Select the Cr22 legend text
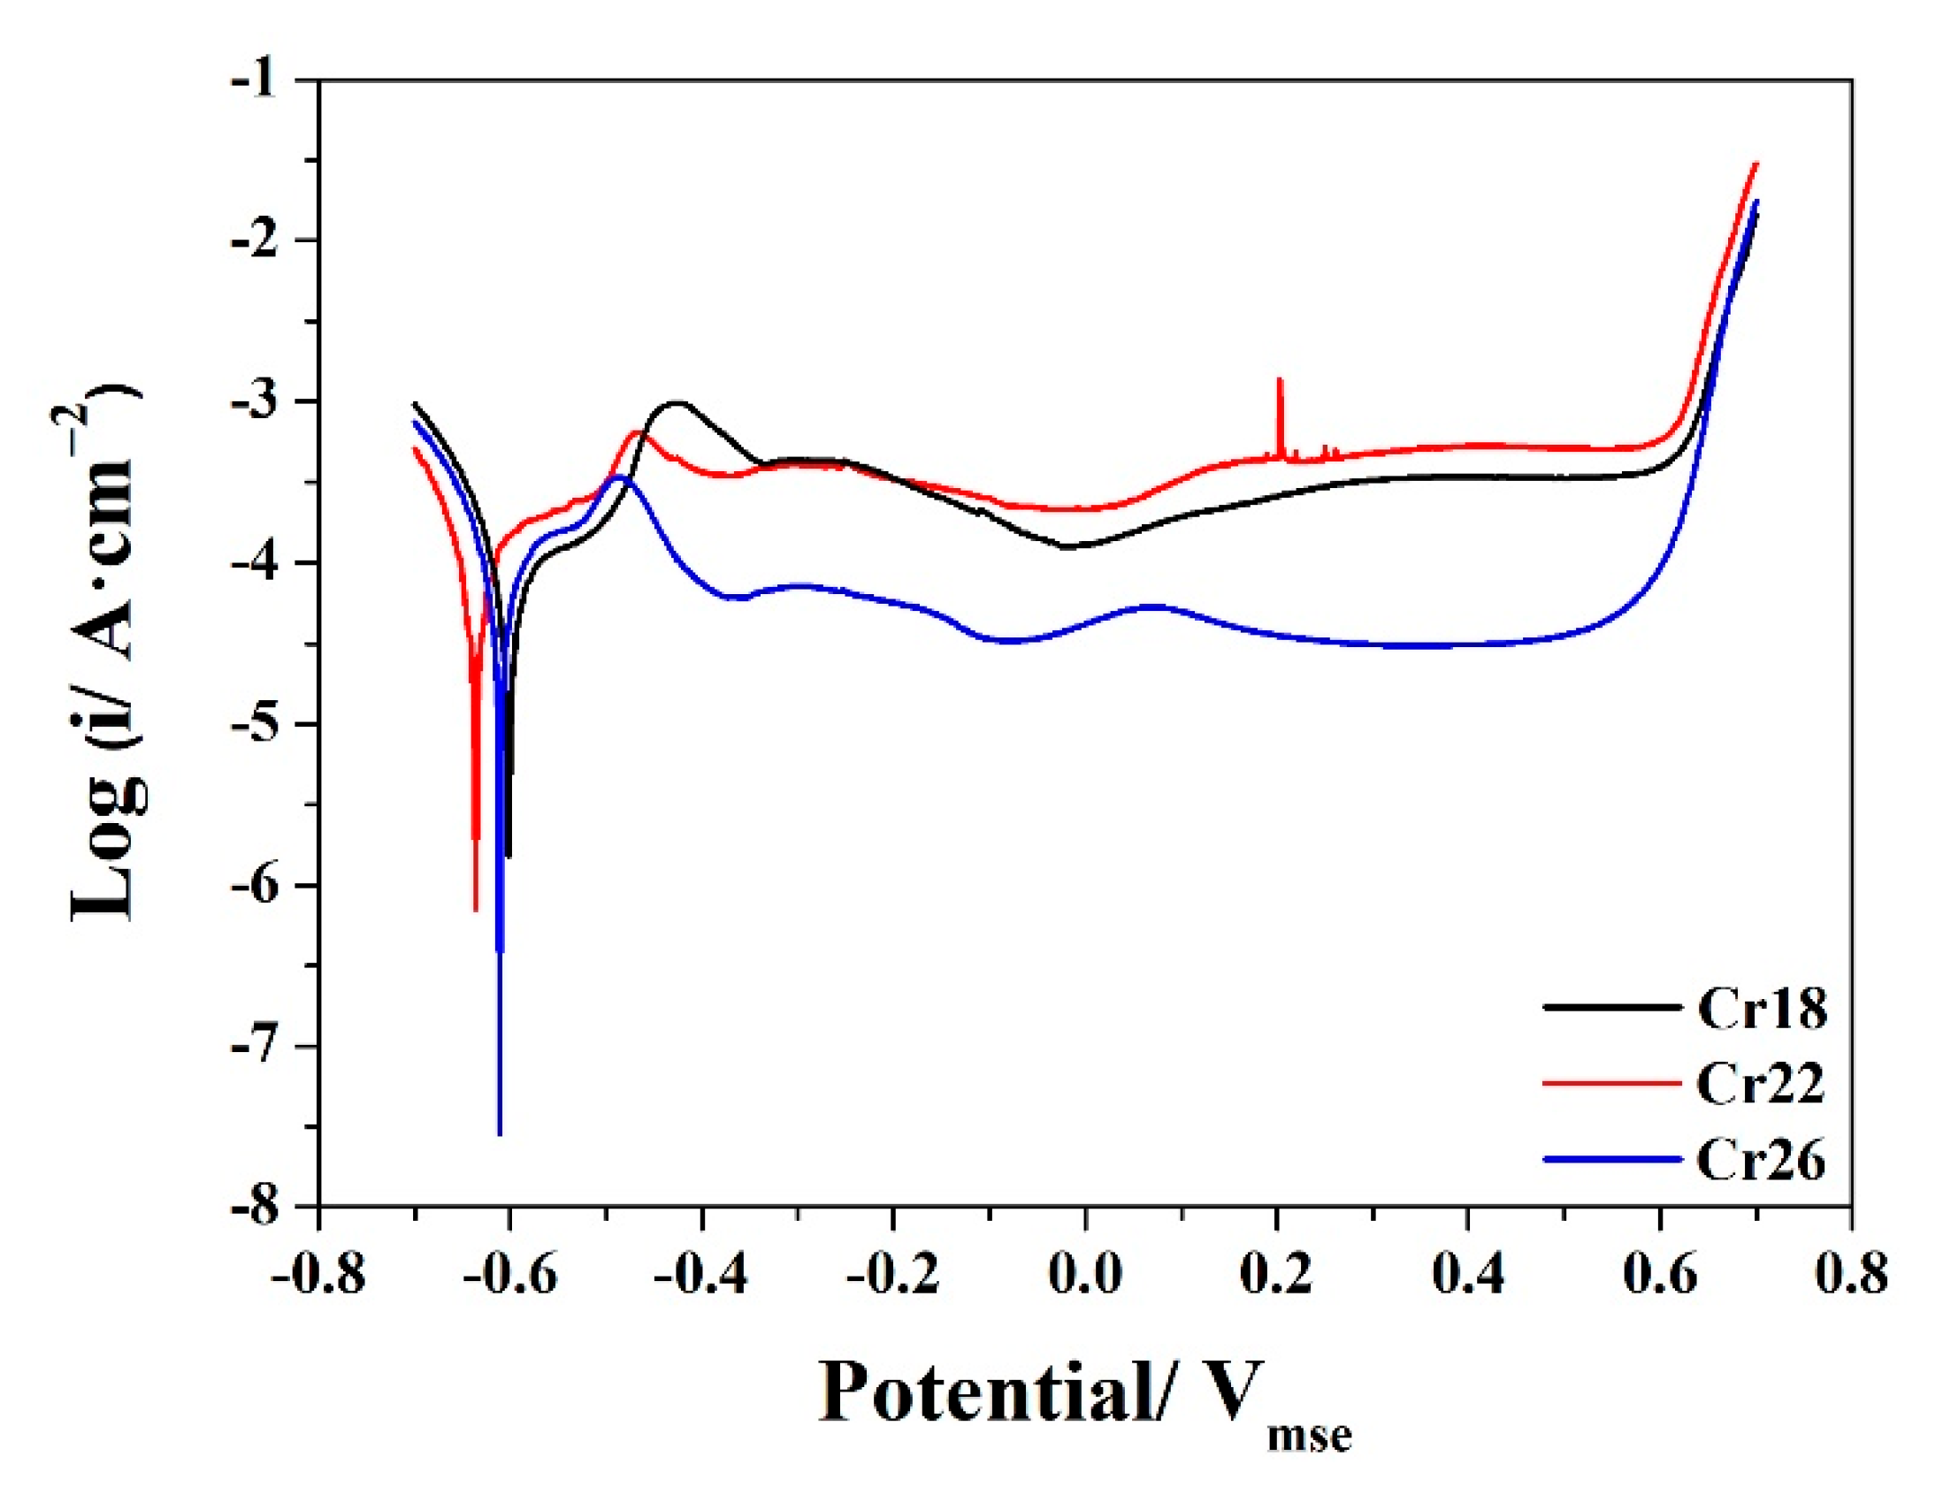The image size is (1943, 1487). point(1761,1083)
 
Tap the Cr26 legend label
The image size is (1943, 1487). point(1761,1160)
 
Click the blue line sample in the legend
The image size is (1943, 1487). point(1611,1160)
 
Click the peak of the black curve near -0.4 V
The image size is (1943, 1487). point(678,403)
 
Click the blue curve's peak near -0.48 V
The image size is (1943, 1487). point(620,477)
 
